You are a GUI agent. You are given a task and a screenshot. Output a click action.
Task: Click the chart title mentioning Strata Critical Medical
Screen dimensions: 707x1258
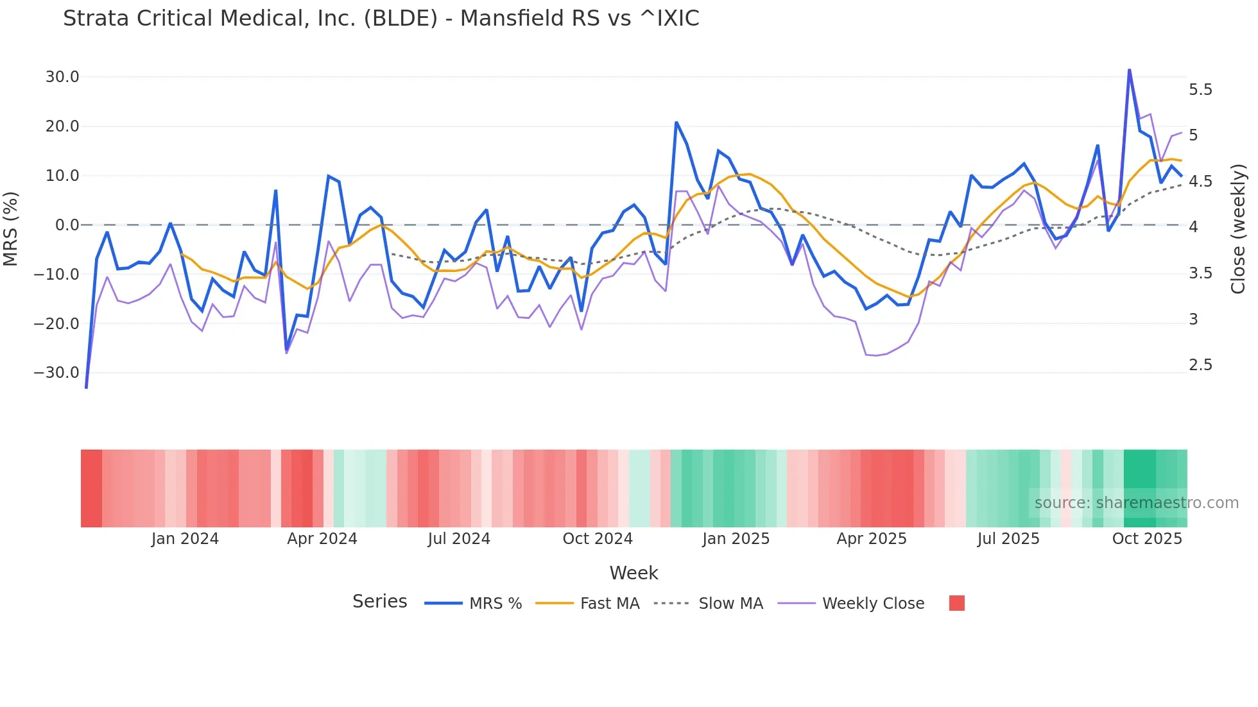click(x=381, y=19)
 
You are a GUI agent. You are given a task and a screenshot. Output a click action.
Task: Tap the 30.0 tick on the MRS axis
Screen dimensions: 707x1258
click(x=62, y=77)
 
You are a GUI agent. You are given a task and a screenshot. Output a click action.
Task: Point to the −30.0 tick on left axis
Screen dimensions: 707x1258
click(x=56, y=373)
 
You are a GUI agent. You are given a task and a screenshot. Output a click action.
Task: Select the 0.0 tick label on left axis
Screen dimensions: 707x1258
click(x=67, y=225)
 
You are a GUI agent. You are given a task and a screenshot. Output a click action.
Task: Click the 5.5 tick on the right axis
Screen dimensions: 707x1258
click(x=1200, y=90)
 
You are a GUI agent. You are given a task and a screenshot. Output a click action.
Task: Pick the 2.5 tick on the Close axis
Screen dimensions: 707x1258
click(x=1200, y=365)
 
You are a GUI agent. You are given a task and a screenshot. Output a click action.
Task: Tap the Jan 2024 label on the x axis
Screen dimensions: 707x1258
click(x=185, y=539)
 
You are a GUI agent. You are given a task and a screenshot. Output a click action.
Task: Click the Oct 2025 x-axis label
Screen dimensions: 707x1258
click(x=1146, y=539)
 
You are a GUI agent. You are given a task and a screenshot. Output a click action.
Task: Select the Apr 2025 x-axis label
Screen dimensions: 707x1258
click(x=871, y=539)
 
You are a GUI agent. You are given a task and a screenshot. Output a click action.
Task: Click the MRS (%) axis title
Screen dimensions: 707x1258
click(x=11, y=228)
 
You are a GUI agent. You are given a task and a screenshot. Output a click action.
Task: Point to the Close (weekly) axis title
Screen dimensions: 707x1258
click(x=1238, y=229)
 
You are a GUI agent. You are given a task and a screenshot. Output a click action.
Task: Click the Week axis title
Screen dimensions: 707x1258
click(x=633, y=573)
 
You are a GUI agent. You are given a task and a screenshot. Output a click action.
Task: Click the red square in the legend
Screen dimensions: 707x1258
click(x=956, y=603)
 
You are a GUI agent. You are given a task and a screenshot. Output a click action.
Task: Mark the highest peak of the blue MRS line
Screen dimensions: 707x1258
click(x=1129, y=70)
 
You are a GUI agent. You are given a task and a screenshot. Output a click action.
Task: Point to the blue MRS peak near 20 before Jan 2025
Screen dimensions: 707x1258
click(x=676, y=123)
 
